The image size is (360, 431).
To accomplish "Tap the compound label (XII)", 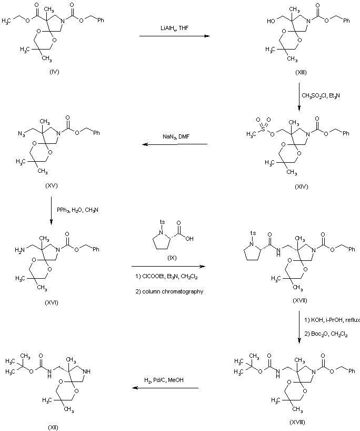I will point(51,426).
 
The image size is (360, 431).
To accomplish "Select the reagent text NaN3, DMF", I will point(174,136).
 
